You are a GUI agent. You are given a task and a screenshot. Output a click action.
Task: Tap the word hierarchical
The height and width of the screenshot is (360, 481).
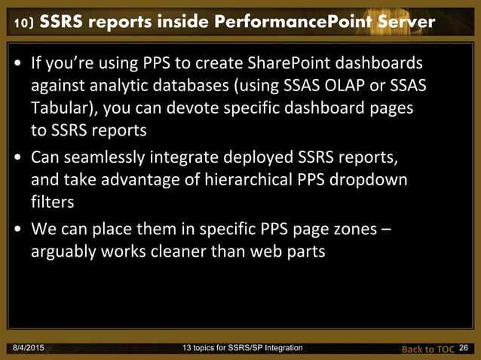[244, 182]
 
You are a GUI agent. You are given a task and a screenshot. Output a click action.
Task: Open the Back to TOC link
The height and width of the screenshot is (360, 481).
[427, 349]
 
